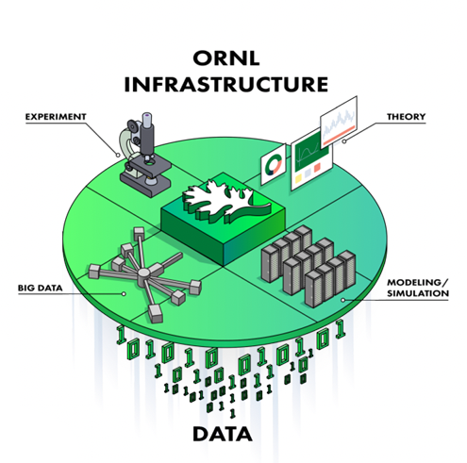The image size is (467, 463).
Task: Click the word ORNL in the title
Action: tap(226, 58)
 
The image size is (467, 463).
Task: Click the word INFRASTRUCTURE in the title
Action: tap(226, 84)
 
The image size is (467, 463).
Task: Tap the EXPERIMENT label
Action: tap(56, 117)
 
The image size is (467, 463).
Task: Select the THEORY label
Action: tap(406, 117)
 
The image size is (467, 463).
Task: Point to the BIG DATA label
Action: tap(41, 288)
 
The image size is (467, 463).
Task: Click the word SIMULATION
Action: tap(418, 293)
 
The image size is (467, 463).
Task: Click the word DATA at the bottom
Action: tap(223, 434)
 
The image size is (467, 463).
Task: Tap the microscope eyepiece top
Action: tap(147, 115)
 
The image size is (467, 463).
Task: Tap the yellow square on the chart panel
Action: tap(298, 178)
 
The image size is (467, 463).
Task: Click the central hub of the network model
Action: tap(143, 273)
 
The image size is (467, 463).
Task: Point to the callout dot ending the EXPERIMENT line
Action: tap(118, 155)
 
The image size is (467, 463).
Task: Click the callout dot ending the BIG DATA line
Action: tap(124, 293)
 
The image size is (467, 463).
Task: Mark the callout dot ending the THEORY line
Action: tap(344, 141)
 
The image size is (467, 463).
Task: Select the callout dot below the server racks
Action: tap(342, 300)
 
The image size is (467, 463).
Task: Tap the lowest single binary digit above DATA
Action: tap(232, 413)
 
